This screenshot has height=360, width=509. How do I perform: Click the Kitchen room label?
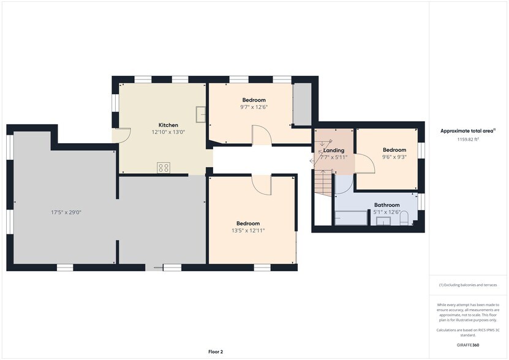click(168, 125)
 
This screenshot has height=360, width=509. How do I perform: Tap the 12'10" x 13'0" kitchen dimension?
click(168, 132)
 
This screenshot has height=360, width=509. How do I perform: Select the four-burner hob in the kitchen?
click(164, 168)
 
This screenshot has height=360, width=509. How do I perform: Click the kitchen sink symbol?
click(201, 114)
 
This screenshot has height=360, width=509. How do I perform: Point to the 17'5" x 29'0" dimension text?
click(66, 212)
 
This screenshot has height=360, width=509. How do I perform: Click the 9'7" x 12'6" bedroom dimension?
click(254, 107)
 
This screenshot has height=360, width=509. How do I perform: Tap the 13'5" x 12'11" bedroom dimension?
click(248, 230)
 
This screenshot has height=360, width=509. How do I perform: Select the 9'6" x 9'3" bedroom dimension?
click(394, 157)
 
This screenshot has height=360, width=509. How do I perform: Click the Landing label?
click(334, 150)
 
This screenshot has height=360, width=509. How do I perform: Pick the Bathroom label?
click(387, 205)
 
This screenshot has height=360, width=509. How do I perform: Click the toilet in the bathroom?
click(404, 218)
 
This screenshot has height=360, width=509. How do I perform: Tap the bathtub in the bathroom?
click(350, 218)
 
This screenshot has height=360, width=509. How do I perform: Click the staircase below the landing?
click(323, 183)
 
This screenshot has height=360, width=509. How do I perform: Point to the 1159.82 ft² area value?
click(468, 139)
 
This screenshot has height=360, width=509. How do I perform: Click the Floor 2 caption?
click(216, 351)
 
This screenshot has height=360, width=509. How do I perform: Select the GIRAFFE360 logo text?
click(468, 345)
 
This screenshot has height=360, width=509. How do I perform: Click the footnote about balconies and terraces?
click(468, 285)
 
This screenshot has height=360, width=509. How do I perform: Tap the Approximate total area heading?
click(468, 131)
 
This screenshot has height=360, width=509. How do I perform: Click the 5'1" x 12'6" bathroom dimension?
click(386, 212)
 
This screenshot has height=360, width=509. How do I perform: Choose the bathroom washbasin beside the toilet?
click(384, 220)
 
